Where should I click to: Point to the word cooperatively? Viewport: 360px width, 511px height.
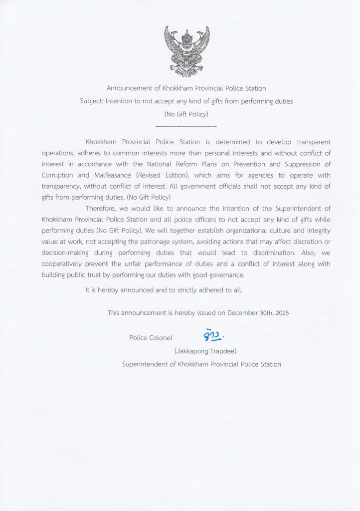pyautogui.click(x=64, y=263)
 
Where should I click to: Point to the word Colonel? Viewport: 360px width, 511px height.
pyautogui.click(x=160, y=338)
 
